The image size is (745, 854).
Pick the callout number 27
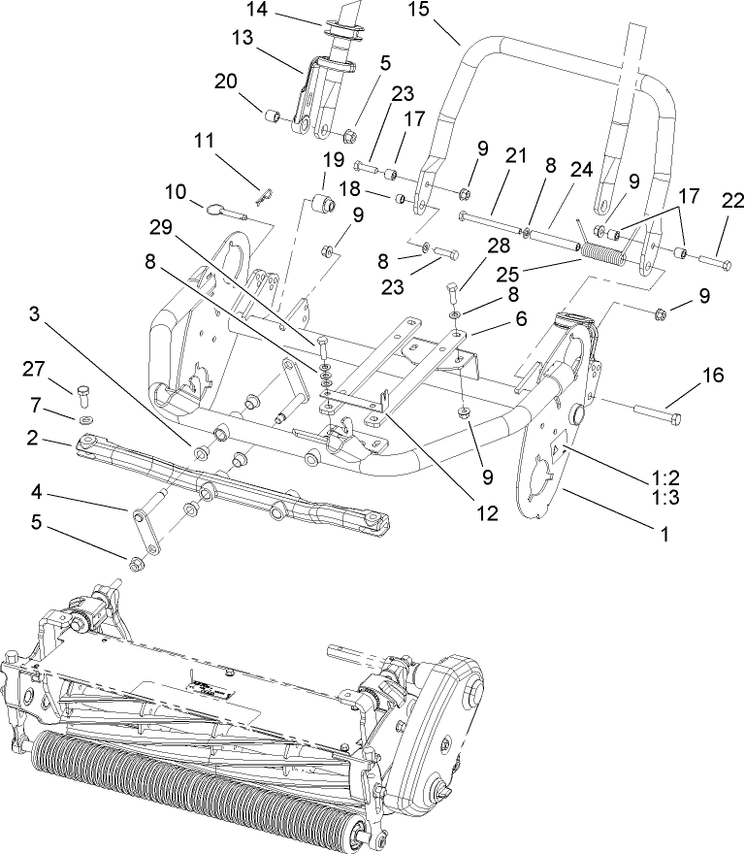tap(34, 369)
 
